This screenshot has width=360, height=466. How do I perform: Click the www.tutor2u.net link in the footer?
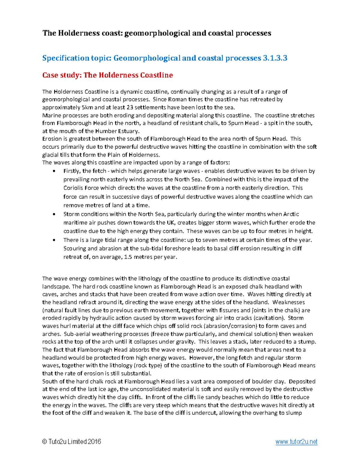tap(296, 442)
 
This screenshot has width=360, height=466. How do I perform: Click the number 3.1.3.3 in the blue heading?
tap(275, 58)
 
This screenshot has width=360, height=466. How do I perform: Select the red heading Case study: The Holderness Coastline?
tap(107, 75)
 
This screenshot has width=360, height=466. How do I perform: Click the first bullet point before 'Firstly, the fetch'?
tap(54, 171)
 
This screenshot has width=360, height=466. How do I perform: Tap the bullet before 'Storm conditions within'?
tap(54, 214)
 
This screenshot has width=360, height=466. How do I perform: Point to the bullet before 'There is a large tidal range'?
tap(54, 240)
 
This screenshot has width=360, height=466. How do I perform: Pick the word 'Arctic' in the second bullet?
tap(291, 214)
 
